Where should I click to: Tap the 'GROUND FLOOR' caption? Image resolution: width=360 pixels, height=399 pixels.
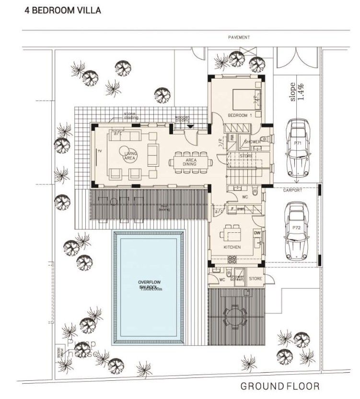[x=279, y=386]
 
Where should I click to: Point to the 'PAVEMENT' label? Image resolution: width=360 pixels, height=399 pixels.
[x=238, y=37]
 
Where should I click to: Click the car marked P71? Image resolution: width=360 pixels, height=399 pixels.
[x=297, y=148]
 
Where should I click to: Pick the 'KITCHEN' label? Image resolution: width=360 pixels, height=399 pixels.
[x=232, y=247]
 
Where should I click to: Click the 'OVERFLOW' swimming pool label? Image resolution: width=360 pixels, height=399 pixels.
[x=149, y=282]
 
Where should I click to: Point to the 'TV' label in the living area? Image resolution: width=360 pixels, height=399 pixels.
[x=100, y=151]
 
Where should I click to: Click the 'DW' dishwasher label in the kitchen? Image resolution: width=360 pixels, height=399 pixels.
[x=257, y=233]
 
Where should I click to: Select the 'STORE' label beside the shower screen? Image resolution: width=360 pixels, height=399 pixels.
[x=255, y=278]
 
